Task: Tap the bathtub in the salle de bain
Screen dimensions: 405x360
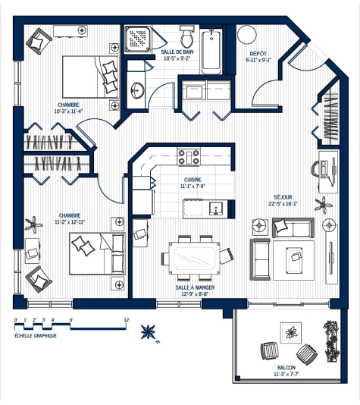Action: [212, 51]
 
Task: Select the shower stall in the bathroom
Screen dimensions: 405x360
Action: [139, 39]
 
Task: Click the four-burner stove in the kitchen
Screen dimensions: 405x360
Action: [189, 157]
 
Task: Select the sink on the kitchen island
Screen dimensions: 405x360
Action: [214, 208]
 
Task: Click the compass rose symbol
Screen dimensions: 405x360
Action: [149, 331]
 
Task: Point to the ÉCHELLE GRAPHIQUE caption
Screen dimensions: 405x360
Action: [35, 334]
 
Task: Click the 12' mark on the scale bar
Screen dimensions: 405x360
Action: [127, 320]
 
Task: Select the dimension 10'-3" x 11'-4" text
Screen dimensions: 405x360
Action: [69, 111]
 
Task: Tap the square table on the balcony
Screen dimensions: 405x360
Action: [290, 331]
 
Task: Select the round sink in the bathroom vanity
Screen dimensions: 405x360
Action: [137, 90]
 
